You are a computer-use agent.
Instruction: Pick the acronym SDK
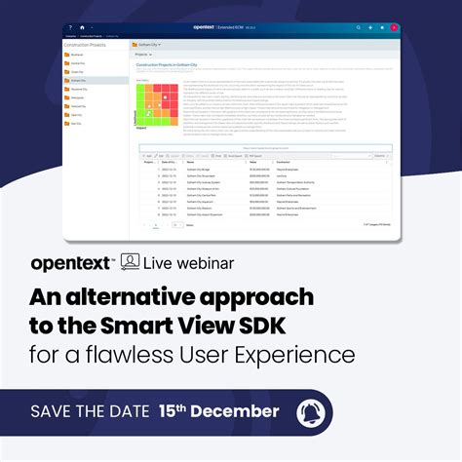(309, 327)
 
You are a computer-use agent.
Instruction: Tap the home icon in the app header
(81, 28)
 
